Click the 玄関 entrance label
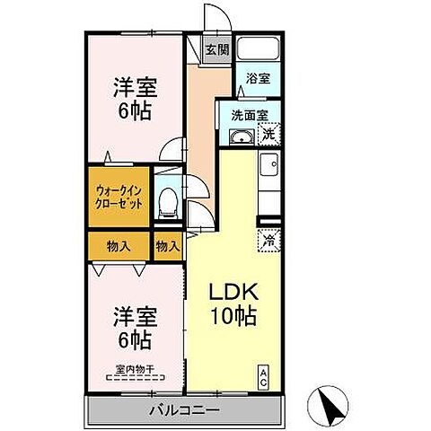[x=215, y=50]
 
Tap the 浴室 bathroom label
[x=259, y=78]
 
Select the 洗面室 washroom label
[x=250, y=115]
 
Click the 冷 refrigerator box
[x=268, y=240]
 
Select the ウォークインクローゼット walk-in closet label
[x=119, y=197]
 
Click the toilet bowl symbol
[x=166, y=203]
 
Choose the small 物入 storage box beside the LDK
[x=167, y=246]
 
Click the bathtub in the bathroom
[x=260, y=50]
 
